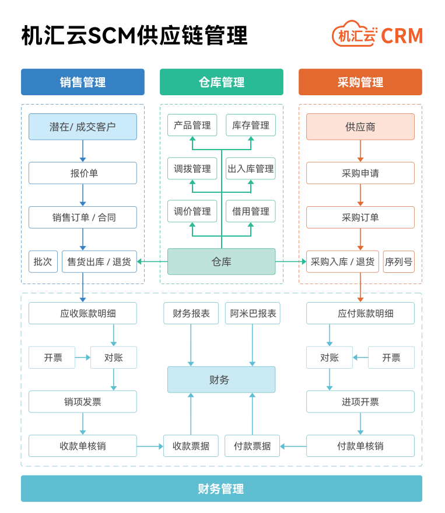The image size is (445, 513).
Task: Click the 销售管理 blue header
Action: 82,82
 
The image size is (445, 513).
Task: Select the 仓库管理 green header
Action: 221,82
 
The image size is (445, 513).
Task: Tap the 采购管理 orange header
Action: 360,82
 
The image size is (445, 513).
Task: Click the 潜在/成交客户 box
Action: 82,127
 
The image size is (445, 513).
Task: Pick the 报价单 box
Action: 82,173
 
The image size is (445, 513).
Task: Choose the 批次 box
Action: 43,262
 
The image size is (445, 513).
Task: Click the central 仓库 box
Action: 221,262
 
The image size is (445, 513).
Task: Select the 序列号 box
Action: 398,262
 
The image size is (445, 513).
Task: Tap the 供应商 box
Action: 360,127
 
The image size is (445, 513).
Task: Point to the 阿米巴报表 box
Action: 253,313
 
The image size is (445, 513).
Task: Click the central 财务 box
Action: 221,380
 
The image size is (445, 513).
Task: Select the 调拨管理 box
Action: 192,169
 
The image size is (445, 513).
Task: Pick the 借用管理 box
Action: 250,212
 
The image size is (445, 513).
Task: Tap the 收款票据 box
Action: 191,446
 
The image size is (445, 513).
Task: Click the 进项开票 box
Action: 360,402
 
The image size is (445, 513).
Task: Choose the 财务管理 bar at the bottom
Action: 221,489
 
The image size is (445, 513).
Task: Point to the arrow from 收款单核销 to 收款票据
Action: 150,446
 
